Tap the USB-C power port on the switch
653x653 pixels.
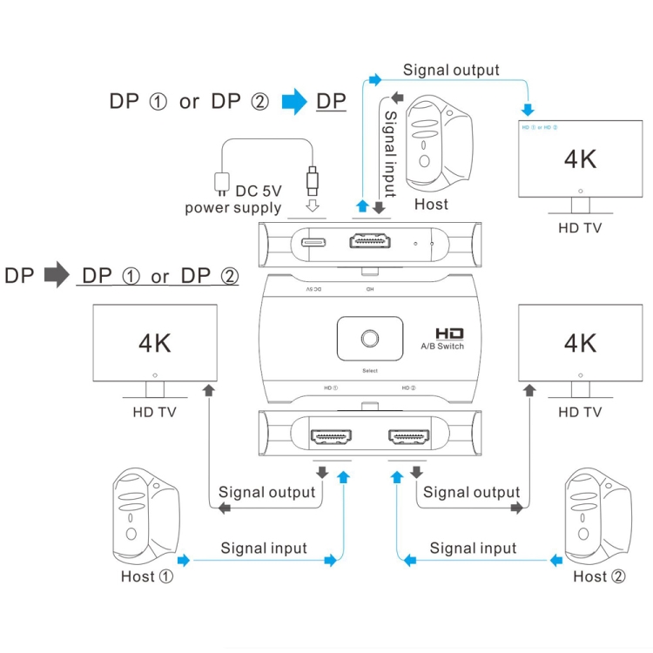click(313, 244)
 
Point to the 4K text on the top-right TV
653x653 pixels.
click(580, 159)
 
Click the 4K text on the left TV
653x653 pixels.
click(155, 342)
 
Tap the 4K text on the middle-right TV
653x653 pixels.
click(580, 342)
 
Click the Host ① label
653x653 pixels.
click(148, 576)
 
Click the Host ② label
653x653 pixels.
click(599, 576)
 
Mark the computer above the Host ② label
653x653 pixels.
click(600, 516)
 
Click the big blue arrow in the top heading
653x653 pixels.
click(295, 101)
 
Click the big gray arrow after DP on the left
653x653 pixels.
click(57, 276)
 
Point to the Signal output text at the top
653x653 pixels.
click(451, 70)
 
